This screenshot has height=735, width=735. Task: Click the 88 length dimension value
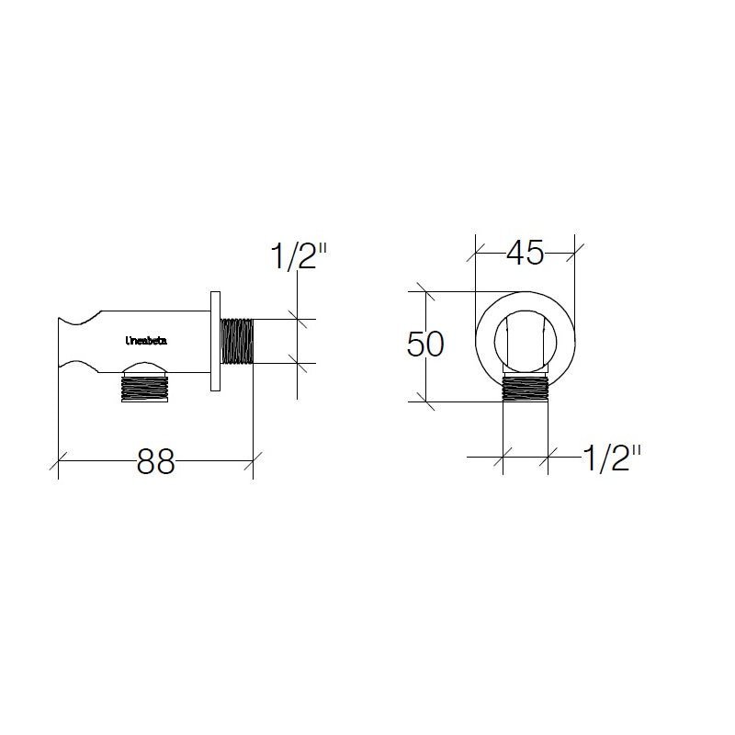click(x=155, y=462)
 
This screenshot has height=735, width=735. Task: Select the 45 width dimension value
click(x=525, y=253)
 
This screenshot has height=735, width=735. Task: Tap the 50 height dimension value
click(x=426, y=345)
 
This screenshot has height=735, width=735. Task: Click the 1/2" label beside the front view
click(x=610, y=458)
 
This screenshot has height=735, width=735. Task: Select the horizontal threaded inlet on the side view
click(x=237, y=341)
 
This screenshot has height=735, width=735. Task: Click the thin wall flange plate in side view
click(x=215, y=342)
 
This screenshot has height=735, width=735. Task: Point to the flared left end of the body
click(x=69, y=342)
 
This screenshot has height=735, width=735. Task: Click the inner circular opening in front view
click(x=525, y=342)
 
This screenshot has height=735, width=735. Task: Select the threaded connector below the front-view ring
click(x=525, y=390)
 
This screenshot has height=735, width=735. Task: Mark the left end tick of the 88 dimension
click(x=59, y=462)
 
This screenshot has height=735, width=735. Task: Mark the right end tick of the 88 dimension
click(x=253, y=462)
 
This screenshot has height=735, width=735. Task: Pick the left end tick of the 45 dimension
click(x=475, y=248)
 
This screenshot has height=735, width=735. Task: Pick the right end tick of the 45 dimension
click(x=574, y=248)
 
